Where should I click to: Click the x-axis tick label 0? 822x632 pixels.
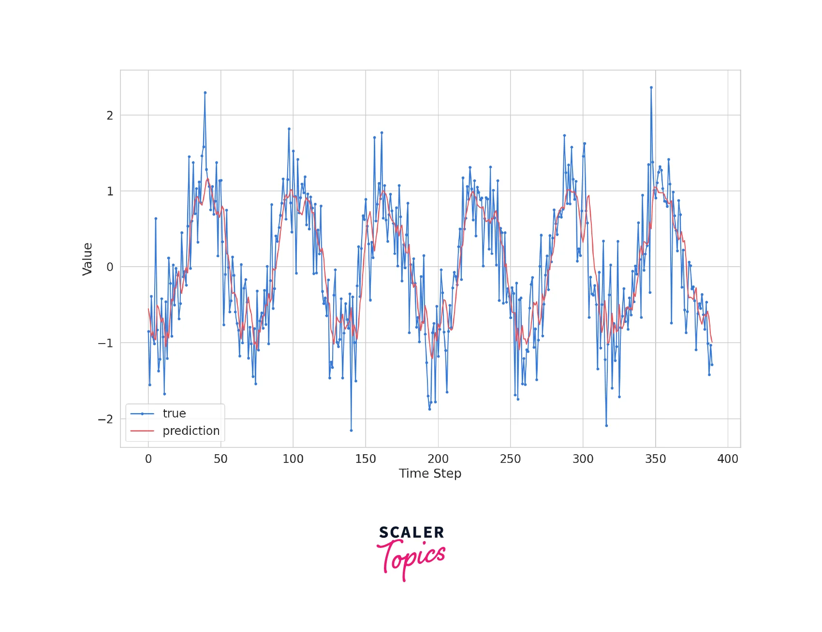point(148,459)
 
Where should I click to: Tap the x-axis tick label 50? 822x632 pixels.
point(220,459)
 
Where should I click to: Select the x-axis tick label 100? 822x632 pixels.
point(293,459)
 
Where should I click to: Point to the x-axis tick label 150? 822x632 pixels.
point(366,459)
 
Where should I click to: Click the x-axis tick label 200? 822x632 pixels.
point(438,459)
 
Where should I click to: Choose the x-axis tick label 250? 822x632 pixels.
point(511,459)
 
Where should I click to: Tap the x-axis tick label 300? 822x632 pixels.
point(583,459)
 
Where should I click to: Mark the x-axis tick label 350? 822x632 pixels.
point(656,459)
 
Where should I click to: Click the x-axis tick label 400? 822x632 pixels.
point(728,459)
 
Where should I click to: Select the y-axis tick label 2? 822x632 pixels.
point(110,116)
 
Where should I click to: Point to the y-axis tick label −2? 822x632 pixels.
point(106,419)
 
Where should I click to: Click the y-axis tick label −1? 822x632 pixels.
point(106,344)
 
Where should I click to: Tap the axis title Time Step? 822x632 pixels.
point(430,474)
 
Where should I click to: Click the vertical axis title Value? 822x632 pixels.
point(88,259)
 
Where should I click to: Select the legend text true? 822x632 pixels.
point(174,414)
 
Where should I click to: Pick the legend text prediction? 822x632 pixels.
point(191,431)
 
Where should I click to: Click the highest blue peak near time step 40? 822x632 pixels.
point(205,92)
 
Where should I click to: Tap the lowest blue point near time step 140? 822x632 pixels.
point(351,430)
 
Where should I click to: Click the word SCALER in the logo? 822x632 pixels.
point(411,532)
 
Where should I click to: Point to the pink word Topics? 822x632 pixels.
point(411,558)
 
